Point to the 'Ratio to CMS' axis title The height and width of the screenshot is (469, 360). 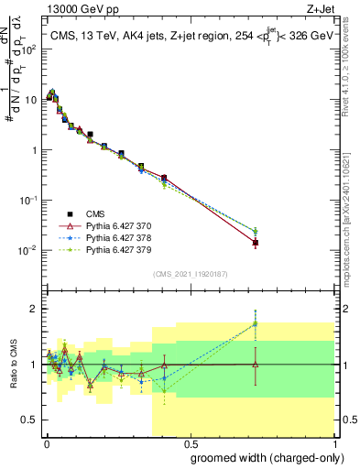pos(12,365)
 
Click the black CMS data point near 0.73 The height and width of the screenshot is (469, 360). pos(255,243)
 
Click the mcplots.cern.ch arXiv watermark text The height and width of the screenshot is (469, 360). pos(351,183)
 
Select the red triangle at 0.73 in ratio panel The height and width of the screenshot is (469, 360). pos(255,365)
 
